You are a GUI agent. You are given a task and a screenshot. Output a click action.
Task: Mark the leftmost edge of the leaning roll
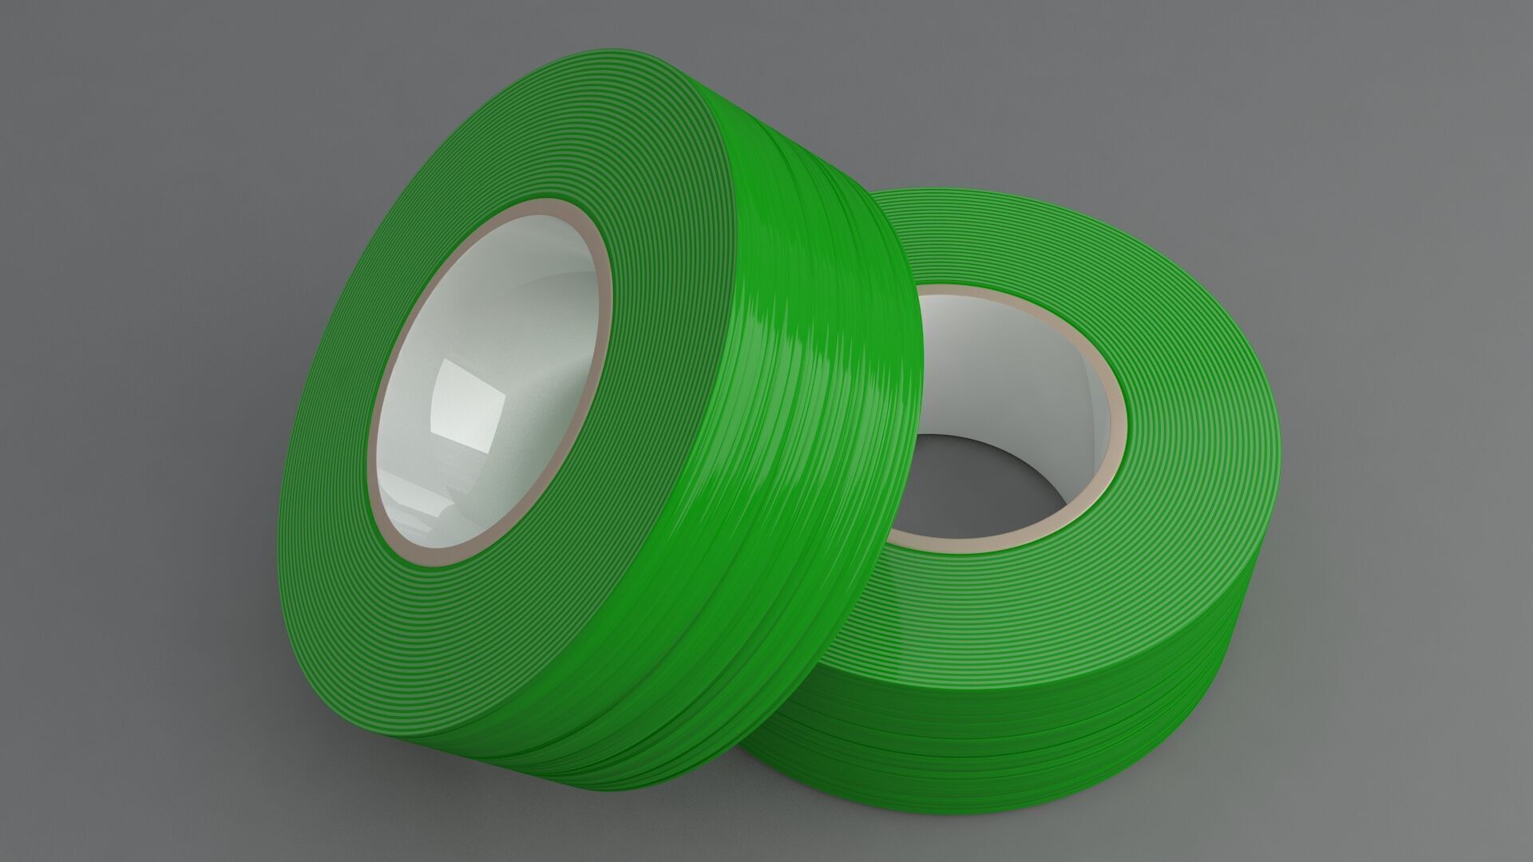(279, 495)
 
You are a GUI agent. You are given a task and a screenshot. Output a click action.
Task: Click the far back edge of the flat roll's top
(998, 190)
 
